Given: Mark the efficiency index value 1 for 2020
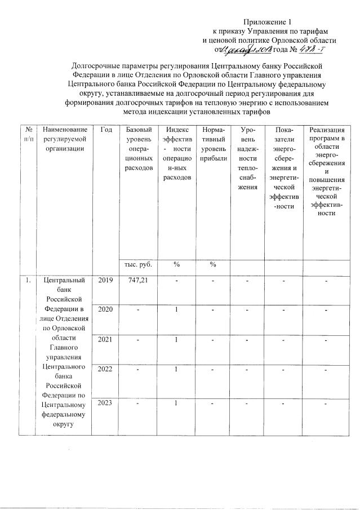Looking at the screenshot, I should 176,309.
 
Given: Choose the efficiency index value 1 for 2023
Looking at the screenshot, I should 176,403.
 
